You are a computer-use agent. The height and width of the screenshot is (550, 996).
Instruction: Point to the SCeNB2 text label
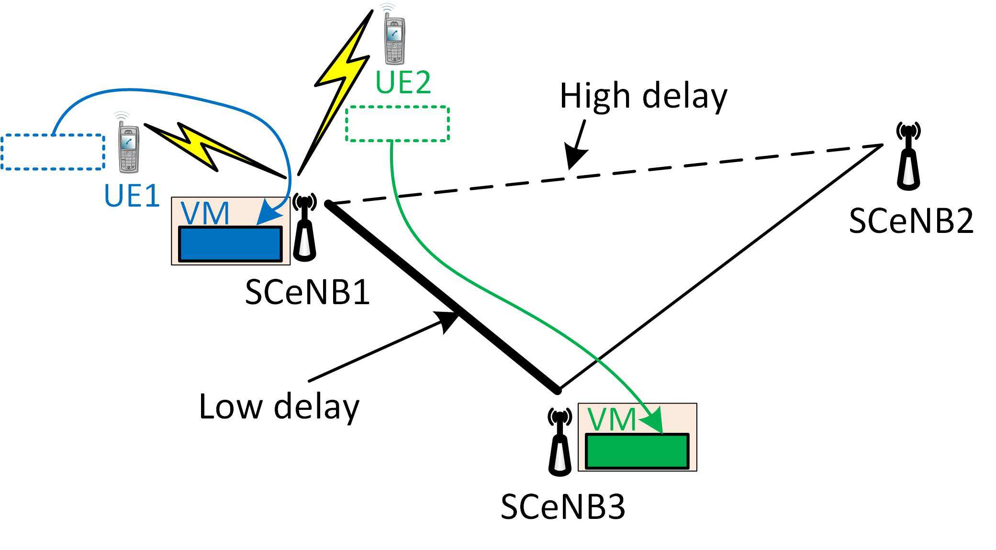coord(911,221)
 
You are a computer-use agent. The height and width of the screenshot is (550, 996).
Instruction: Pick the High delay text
coord(643,96)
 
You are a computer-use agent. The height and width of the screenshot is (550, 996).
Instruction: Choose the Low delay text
coord(279,407)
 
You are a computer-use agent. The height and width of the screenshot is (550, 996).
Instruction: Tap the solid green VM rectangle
coord(637,451)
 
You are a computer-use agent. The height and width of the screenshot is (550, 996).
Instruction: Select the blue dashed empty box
coord(53,152)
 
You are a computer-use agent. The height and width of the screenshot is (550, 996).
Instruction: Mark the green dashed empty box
coord(397,124)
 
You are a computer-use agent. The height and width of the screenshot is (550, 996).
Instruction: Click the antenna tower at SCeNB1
coord(304,227)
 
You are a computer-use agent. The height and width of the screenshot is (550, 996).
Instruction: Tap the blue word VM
coord(206,213)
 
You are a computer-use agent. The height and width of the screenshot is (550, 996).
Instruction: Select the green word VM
coord(611,419)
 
